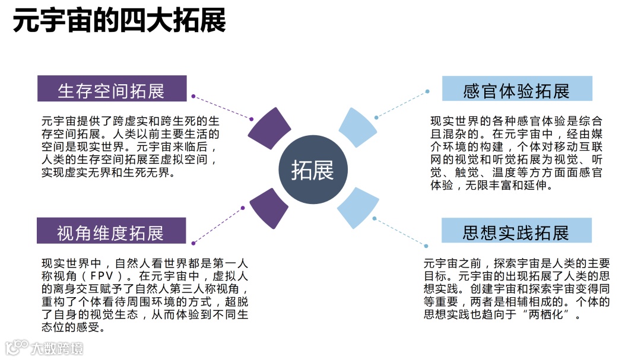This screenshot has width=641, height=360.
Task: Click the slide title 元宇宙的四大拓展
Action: pos(119,22)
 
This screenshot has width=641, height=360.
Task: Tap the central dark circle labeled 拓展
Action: pos(312,170)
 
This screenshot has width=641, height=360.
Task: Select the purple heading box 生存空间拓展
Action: pos(112,90)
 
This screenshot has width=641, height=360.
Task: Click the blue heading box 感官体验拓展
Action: pos(517,90)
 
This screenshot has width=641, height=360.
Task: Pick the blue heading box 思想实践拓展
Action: pos(516,231)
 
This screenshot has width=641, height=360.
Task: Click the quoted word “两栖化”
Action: pos(550,314)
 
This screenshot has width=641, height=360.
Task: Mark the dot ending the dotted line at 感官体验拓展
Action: pos(427,91)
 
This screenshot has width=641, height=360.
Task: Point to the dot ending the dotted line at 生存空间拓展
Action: pos(193,95)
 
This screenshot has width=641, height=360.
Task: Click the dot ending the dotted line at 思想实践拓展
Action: pos(426,246)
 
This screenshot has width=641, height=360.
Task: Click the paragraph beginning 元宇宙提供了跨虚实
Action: pos(131,146)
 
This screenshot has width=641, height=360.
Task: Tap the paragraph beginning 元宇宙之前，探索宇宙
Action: pos(516,289)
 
